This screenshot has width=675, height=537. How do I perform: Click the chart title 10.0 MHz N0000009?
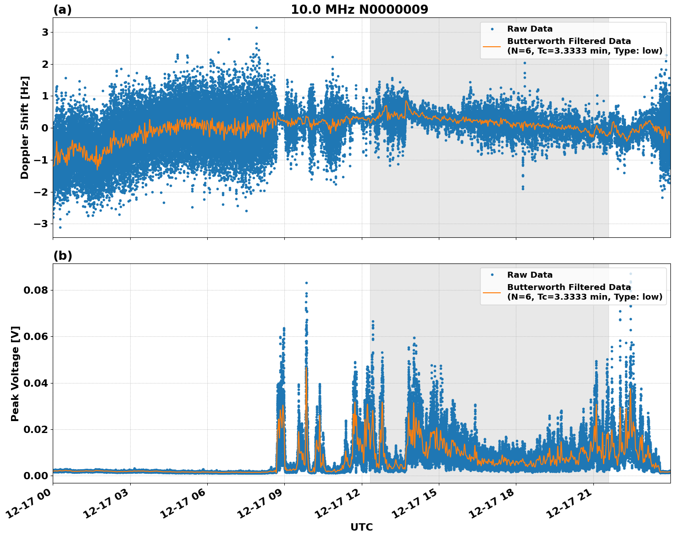[x=359, y=10]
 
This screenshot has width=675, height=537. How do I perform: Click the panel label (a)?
[x=62, y=10]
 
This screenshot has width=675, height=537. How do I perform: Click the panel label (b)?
[x=62, y=256]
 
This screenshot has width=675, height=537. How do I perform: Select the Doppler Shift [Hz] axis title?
[x=25, y=127]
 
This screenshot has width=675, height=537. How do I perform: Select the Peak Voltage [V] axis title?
[x=15, y=373]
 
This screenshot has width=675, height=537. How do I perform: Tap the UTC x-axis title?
[x=361, y=527]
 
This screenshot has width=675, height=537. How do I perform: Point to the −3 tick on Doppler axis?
[x=42, y=224]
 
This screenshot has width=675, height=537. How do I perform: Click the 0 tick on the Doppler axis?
[x=45, y=128]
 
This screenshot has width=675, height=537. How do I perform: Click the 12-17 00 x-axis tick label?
[x=30, y=504]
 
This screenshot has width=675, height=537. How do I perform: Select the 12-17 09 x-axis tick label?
[x=262, y=504]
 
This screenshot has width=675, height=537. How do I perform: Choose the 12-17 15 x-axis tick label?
[x=416, y=504]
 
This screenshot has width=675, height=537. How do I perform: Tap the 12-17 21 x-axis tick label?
[x=571, y=504]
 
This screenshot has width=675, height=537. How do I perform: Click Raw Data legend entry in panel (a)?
[x=530, y=29]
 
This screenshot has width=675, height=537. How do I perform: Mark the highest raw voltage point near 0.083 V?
[x=306, y=283]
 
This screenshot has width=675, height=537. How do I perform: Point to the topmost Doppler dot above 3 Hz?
[x=256, y=27]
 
